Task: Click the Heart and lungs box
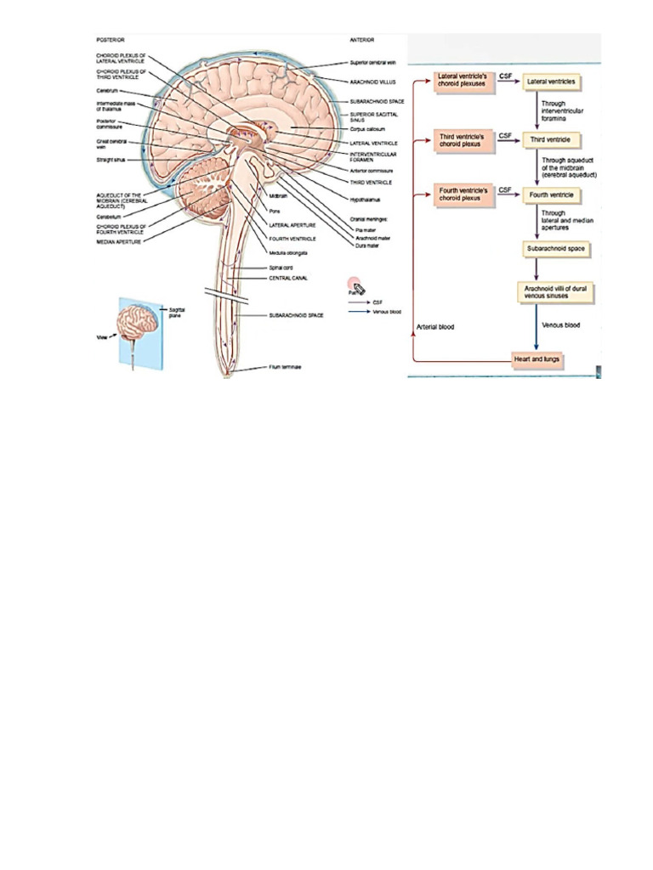(x=538, y=359)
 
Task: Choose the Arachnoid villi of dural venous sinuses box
(x=556, y=293)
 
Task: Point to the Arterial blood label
(x=435, y=327)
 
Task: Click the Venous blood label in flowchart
(x=561, y=325)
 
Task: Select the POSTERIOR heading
(x=111, y=39)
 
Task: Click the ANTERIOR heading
(x=362, y=39)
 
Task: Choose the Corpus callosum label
(x=367, y=128)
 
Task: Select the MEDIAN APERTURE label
(x=120, y=242)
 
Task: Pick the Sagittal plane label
(x=177, y=314)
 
